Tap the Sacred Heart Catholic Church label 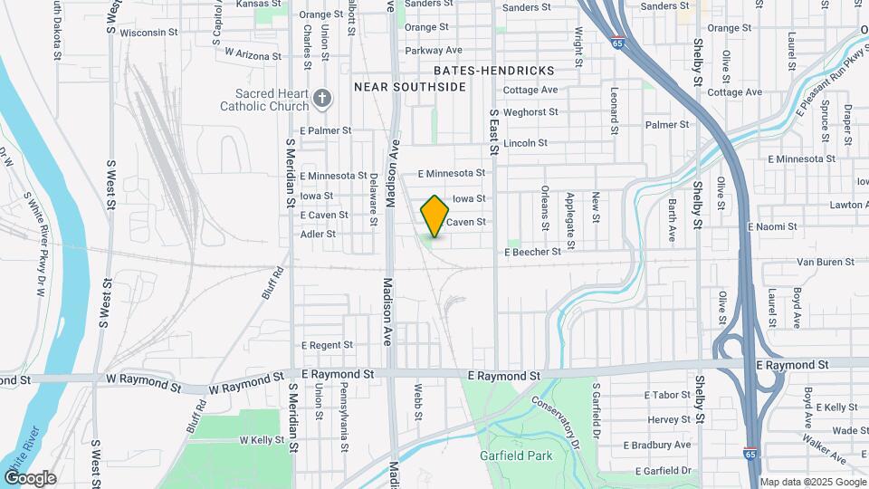coord(264,100)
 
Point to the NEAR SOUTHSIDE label coord(409,87)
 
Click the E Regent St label coord(327,345)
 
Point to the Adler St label coord(318,234)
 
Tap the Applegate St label coord(570,220)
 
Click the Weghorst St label coord(530,112)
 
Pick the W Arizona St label coord(253,54)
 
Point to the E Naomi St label coord(771,226)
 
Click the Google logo coord(30,477)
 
